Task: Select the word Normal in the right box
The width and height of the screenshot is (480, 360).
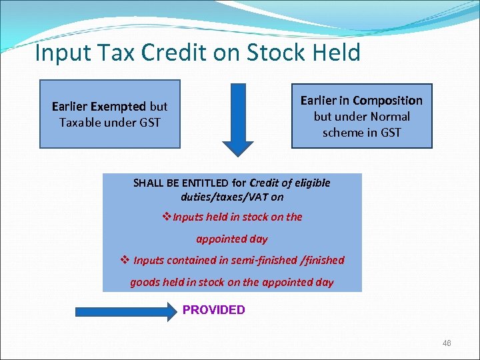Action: (389, 116)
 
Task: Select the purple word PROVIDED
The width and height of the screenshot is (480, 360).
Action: (213, 310)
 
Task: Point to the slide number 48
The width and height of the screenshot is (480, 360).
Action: (447, 343)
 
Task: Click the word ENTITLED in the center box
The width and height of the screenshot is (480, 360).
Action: (204, 183)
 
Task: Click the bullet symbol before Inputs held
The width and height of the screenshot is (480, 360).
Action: (167, 217)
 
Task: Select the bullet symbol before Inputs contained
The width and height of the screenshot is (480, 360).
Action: (125, 260)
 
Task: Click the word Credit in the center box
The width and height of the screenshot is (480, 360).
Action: (265, 183)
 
